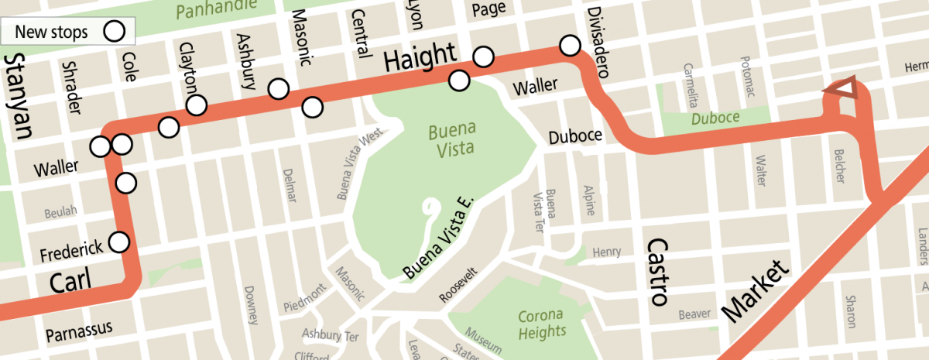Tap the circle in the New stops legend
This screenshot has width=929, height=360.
pyautogui.click(x=115, y=32)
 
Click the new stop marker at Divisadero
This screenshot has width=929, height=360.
pyautogui.click(x=571, y=46)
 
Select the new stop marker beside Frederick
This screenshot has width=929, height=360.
pyautogui.click(x=119, y=242)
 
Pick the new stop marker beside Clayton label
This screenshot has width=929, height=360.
pyautogui.click(x=197, y=104)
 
